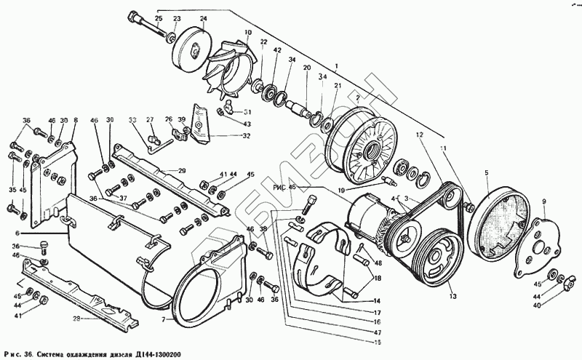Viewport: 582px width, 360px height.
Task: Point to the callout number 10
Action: click(248, 33)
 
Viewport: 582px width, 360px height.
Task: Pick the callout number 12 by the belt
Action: click(420, 135)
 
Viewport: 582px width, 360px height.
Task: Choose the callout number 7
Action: click(164, 320)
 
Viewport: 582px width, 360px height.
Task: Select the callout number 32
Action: click(247, 136)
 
